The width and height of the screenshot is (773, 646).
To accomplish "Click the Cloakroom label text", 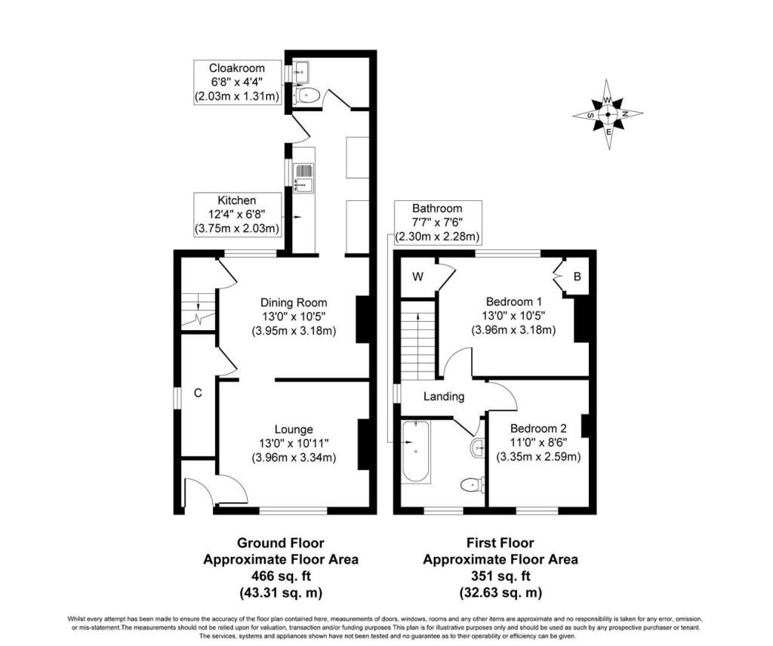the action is pos(236,68).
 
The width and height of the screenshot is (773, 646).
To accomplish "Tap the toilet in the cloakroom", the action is pos(306,94).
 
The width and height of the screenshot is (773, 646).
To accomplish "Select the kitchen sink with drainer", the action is pos(303,178).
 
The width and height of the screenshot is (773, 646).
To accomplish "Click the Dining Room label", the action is pos(294,302).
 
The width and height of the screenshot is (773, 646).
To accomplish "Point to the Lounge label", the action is pos(294,430).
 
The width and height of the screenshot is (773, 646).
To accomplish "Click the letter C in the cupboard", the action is pos(198,393).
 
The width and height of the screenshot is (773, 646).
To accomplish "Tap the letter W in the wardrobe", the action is pos(417,277).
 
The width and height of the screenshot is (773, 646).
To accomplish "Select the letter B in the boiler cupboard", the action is pos(577,277).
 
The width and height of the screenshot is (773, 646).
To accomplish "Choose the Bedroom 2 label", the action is pos(538,428).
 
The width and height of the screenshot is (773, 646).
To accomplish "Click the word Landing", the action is pos(444,396).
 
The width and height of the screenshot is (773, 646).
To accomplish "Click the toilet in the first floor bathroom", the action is pos(473,485).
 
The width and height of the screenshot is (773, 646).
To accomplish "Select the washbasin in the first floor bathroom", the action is pos(478,448).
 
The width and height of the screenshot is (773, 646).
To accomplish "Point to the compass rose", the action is pos(608,115).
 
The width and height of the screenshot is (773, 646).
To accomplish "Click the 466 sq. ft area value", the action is pos(281,576).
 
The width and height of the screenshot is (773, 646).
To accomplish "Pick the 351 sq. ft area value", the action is pos(500,576).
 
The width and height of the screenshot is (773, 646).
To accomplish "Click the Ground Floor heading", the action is pos(281,543).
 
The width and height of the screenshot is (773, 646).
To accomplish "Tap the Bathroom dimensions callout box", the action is pos(437,223).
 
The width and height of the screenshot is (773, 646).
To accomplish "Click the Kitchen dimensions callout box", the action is pos(237,215).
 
